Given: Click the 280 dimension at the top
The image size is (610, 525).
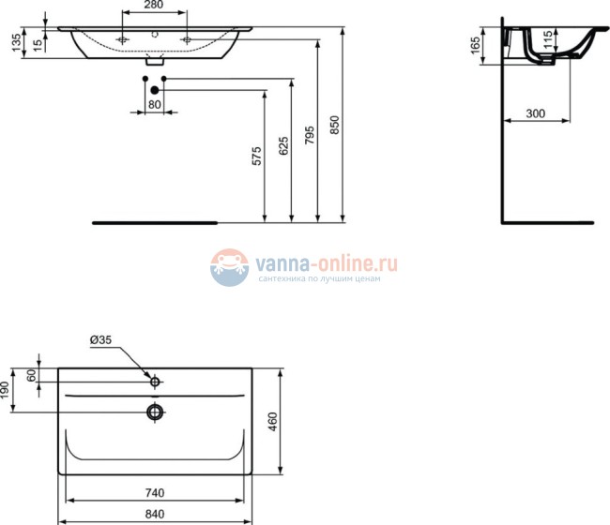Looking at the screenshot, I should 155,6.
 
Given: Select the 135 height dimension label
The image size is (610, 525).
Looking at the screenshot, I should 14,43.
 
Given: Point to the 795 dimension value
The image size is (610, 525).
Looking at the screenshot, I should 309,141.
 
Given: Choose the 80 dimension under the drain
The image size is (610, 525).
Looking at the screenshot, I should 155,104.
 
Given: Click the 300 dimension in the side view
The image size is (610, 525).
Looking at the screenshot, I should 535,113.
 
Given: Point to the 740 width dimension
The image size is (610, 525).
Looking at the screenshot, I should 155,492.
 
